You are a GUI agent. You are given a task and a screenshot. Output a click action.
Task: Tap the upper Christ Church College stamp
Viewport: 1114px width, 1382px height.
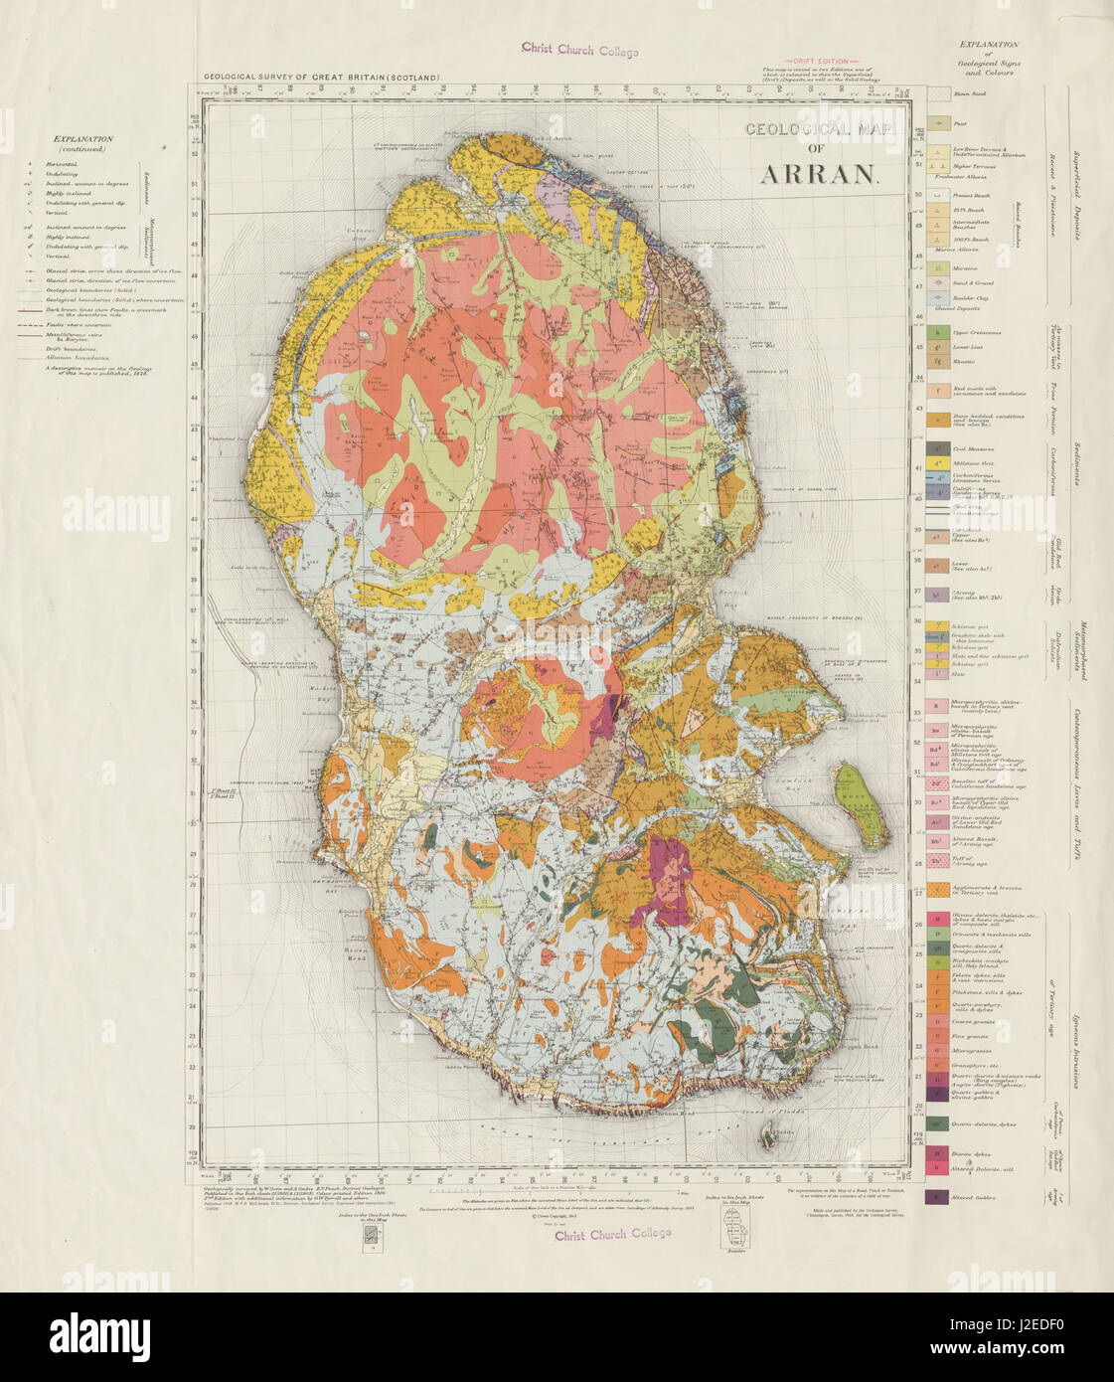coord(580,51)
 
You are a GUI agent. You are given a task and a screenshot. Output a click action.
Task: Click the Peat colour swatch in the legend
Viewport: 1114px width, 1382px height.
coord(936,124)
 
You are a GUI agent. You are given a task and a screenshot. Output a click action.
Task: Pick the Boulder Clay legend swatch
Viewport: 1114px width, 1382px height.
coord(936,298)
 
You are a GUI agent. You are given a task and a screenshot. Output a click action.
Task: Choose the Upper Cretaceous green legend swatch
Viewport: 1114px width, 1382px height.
coord(936,333)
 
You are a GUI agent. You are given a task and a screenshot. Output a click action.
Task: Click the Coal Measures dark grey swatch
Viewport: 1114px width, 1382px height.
coord(936,448)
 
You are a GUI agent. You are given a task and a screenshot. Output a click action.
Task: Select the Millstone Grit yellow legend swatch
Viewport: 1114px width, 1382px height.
coord(936,465)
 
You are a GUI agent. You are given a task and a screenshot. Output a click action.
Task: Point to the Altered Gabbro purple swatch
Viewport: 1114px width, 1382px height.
coord(936,1197)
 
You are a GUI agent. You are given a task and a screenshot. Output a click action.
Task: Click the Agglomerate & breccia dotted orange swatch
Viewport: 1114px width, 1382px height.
coord(936,888)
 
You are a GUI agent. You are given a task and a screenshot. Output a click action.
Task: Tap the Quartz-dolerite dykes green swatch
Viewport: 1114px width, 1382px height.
coord(936,1123)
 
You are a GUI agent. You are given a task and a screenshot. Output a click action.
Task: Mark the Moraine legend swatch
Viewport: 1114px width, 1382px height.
coord(936,268)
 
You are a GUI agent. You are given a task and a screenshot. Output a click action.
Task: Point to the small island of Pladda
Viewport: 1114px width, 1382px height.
coord(765,1130)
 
